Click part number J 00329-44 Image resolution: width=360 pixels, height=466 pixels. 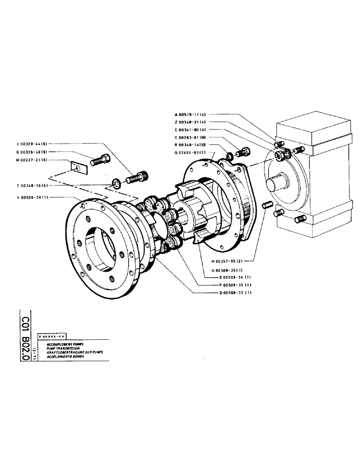pos(31,144)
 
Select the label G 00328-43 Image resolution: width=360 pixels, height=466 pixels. pos(31,152)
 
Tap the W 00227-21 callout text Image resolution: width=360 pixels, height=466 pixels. pos(31,160)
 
